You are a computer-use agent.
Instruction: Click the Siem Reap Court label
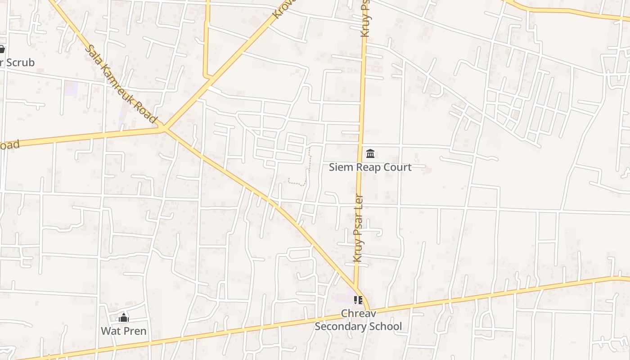[x=370, y=167]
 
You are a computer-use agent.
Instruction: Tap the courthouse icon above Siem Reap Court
[x=370, y=154]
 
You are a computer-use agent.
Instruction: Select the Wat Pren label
[x=123, y=331]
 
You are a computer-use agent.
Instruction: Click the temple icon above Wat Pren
[x=124, y=318]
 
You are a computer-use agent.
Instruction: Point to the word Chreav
[x=358, y=313]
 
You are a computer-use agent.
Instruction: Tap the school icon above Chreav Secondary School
[x=358, y=300]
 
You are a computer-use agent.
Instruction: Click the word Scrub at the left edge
[x=20, y=63]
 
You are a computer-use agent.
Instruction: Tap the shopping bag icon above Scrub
[x=1, y=49]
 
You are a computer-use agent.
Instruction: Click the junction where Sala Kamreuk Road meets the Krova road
[x=164, y=129]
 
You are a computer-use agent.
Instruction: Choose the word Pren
[x=135, y=331]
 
